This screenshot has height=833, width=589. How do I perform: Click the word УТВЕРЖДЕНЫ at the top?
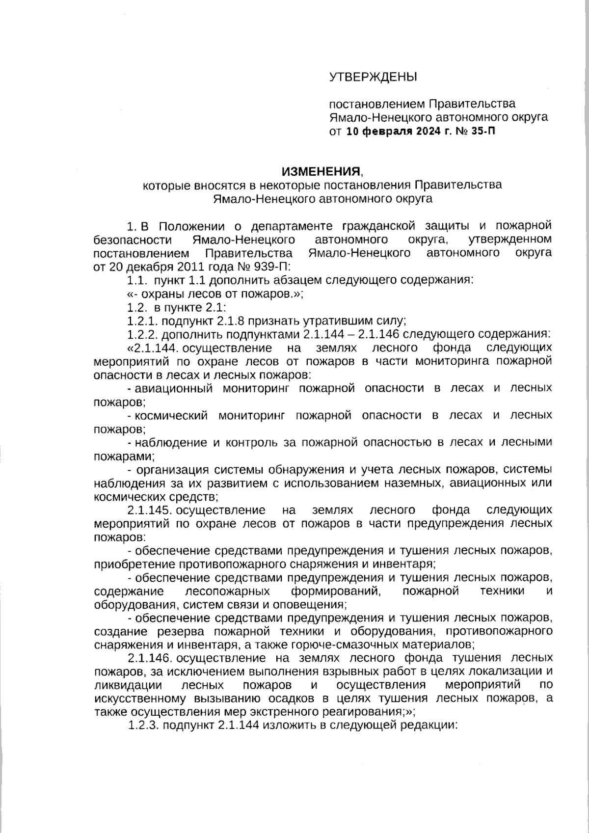point(373,77)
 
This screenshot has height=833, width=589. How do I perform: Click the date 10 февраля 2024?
point(394,132)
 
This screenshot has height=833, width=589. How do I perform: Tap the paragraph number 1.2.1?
point(142,322)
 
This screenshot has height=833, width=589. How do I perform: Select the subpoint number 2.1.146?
point(149,658)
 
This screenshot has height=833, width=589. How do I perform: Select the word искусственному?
point(134,698)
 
